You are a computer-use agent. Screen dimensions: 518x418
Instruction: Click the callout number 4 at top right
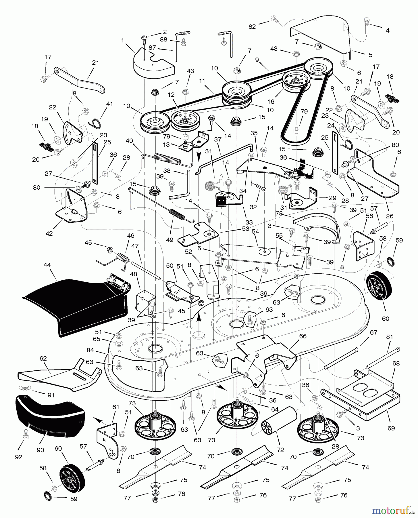click(x=387, y=31)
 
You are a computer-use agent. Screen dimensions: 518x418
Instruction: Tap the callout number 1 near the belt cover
click(x=123, y=41)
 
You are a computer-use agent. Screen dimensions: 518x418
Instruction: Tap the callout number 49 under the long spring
click(x=169, y=239)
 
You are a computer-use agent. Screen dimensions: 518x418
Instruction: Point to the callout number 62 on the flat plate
click(x=43, y=359)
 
